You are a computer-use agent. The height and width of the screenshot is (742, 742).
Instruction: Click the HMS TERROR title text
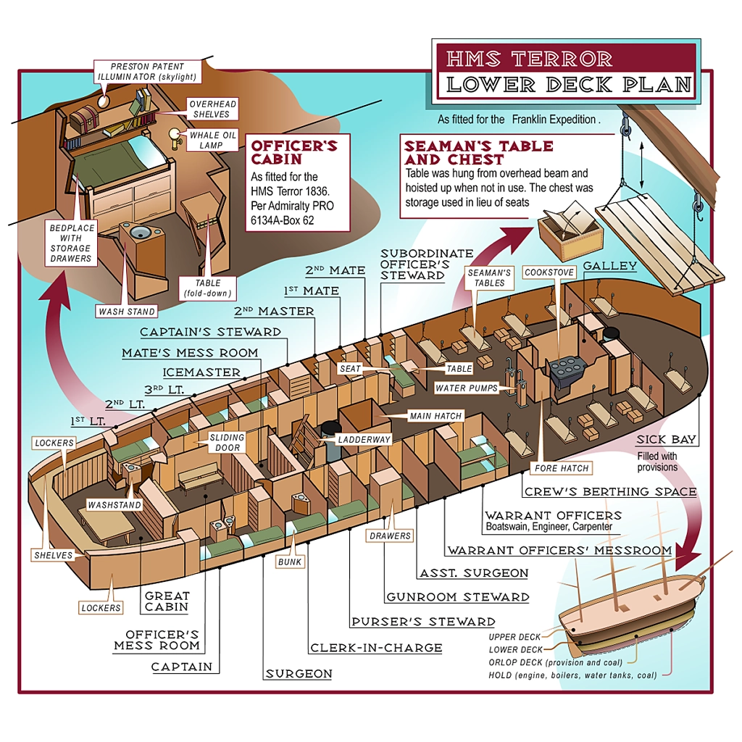[x=529, y=58]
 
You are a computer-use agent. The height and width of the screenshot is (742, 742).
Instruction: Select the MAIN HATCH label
[x=434, y=417]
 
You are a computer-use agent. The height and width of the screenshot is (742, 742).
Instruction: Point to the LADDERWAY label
[x=364, y=440]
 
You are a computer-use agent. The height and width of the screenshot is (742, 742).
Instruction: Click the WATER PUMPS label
[x=467, y=388]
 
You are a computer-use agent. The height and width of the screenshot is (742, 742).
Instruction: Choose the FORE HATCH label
[x=562, y=467]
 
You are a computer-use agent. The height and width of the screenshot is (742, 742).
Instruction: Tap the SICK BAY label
[x=666, y=440]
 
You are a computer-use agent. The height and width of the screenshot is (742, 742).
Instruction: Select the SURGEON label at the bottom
[x=299, y=674]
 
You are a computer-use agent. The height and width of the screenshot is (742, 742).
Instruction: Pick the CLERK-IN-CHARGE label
[x=375, y=648]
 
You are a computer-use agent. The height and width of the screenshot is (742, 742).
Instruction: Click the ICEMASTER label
[x=201, y=372]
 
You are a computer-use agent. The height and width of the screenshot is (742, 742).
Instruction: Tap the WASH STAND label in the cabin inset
[x=127, y=312]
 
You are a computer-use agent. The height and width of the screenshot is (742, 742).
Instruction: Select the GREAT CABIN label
[x=167, y=601]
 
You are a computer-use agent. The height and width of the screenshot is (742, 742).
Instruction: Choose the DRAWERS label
[x=389, y=536]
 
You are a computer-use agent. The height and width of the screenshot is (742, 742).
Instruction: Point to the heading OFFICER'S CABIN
[x=294, y=152]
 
